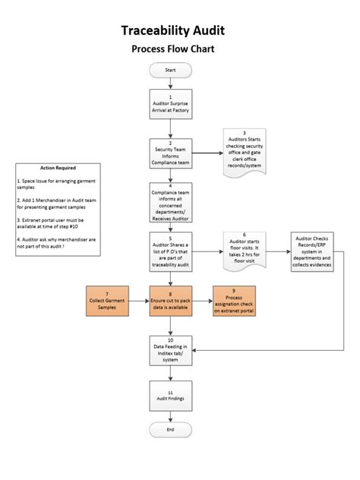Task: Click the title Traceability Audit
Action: pyautogui.click(x=172, y=31)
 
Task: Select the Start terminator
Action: pyautogui.click(x=170, y=69)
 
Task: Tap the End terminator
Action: pyautogui.click(x=170, y=429)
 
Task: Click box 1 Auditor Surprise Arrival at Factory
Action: pyautogui.click(x=170, y=104)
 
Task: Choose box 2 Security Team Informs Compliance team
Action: pyautogui.click(x=170, y=153)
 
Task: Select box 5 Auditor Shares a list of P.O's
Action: pyautogui.click(x=170, y=251)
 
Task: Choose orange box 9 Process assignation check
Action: pyautogui.click(x=241, y=299)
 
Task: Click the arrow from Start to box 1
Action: pyautogui.click(x=170, y=81)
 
